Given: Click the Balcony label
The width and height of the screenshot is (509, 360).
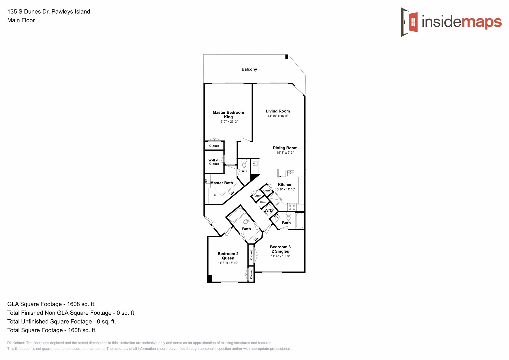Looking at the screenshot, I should pyautogui.click(x=249, y=69).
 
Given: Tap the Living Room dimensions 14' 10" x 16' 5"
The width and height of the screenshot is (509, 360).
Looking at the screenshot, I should pyautogui.click(x=278, y=116).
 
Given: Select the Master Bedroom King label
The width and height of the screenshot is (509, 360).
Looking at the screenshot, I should pyautogui.click(x=228, y=115).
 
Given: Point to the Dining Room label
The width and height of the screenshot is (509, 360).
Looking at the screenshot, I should pyautogui.click(x=285, y=148).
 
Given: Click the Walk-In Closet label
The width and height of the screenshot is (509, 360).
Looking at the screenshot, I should pyautogui.click(x=214, y=162).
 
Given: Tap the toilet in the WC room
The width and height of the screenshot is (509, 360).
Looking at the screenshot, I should pyautogui.click(x=244, y=164).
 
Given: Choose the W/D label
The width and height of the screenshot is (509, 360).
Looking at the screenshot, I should pyautogui.click(x=268, y=211).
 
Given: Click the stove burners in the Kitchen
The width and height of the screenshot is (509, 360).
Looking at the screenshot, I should pyautogui.click(x=292, y=207).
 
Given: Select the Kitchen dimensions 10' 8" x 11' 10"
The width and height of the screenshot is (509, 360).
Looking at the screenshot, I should pyautogui.click(x=285, y=189).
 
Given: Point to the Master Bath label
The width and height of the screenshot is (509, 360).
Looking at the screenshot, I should pyautogui.click(x=222, y=183).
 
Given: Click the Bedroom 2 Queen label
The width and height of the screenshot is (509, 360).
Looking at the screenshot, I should pyautogui.click(x=228, y=256).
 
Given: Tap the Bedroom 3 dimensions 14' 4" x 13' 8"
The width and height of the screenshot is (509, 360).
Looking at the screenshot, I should pyautogui.click(x=280, y=256).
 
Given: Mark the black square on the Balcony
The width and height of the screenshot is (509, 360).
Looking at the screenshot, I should pyautogui.click(x=287, y=57).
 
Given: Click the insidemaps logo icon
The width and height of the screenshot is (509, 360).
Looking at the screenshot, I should pyautogui.click(x=410, y=22).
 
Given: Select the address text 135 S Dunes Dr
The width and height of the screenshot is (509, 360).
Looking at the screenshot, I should pyautogui.click(x=28, y=12).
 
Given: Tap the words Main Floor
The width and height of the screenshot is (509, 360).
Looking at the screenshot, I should pyautogui.click(x=21, y=20).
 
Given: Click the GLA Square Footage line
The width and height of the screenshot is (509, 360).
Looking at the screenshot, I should pyautogui.click(x=51, y=304).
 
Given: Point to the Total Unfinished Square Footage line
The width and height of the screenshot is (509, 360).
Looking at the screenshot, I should pyautogui.click(x=61, y=321).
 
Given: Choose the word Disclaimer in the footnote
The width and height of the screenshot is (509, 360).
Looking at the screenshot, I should pyautogui.click(x=16, y=343).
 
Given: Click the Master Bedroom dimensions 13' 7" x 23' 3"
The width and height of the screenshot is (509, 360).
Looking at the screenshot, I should pyautogui.click(x=228, y=122).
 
